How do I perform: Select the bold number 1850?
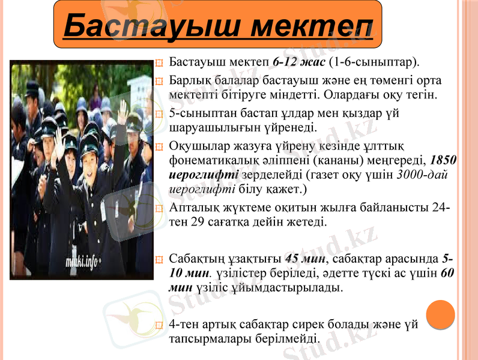coord(444,161)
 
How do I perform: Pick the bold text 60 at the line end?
coord(447,273)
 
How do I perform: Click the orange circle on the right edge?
coord(440,314)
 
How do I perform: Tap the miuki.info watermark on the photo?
coord(82,262)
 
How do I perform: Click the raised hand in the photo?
coord(122,112)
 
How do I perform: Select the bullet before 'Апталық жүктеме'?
coord(159,209)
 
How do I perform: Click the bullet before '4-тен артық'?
coord(159,326)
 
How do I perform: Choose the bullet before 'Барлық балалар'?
coord(159,82)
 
